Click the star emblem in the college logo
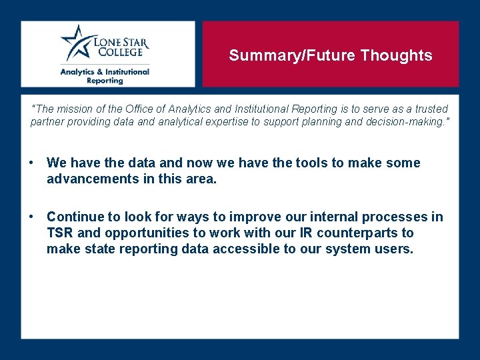75,43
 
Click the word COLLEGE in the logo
118,52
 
